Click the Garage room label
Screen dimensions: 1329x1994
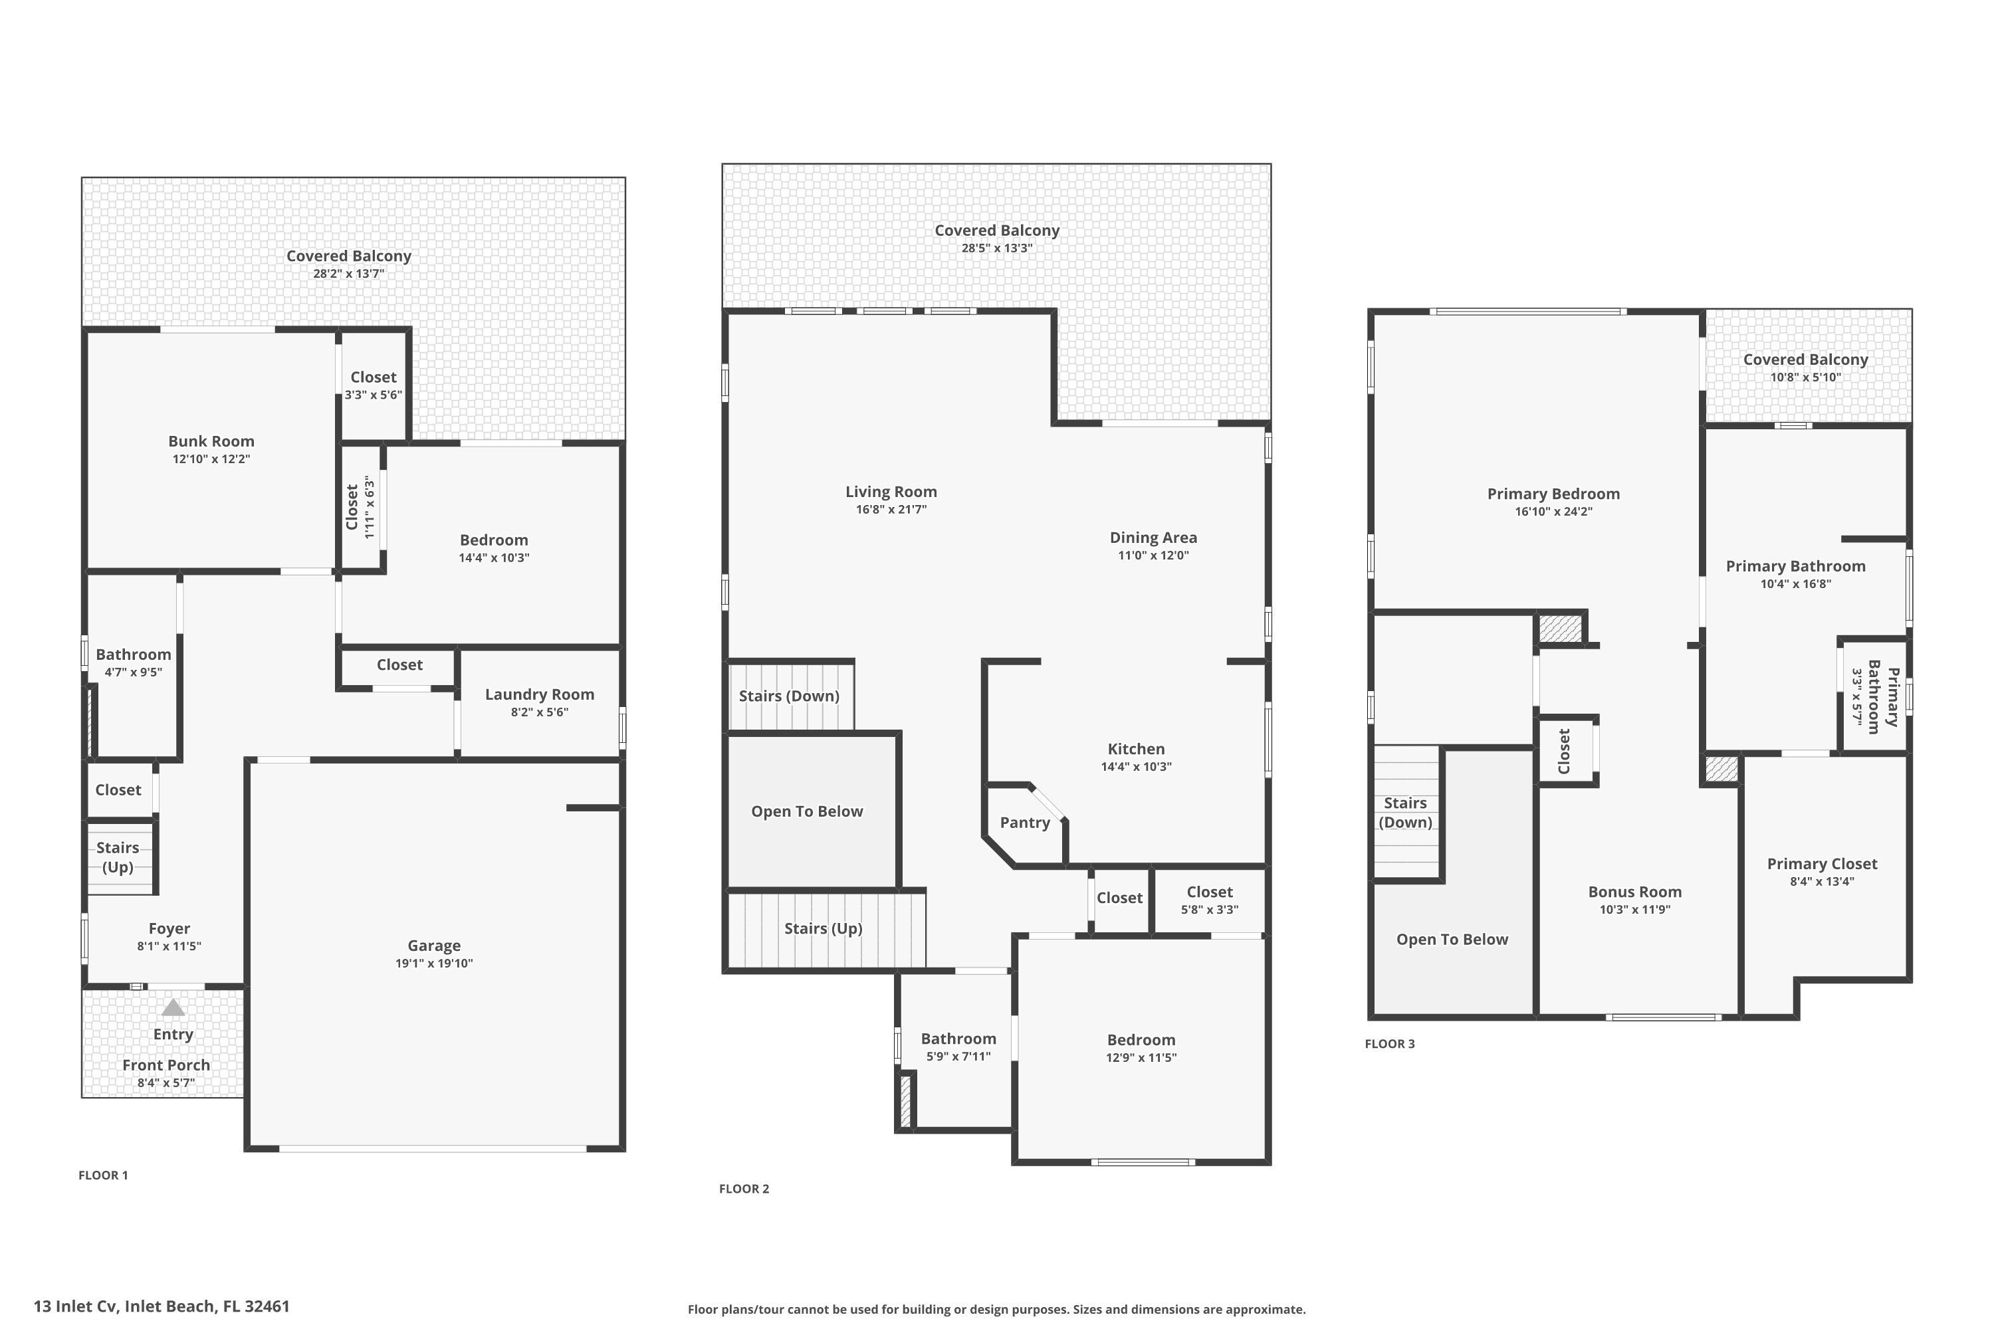433,945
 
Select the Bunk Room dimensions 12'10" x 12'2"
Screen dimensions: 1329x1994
211,459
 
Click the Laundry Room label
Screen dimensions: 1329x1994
539,694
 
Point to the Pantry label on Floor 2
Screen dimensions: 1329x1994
1024,822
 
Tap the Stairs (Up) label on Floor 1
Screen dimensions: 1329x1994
118,857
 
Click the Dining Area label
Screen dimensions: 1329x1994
1153,538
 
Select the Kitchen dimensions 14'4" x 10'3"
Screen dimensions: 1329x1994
1136,767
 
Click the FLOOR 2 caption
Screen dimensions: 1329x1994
744,1188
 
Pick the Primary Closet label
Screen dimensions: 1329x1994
1822,864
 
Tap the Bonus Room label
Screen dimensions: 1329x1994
1634,892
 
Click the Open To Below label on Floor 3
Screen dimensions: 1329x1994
1452,939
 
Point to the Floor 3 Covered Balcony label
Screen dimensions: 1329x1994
1805,359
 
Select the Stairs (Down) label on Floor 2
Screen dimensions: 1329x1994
788,696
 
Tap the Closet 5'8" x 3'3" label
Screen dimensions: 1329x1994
1209,892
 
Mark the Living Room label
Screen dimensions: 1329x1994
891,492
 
